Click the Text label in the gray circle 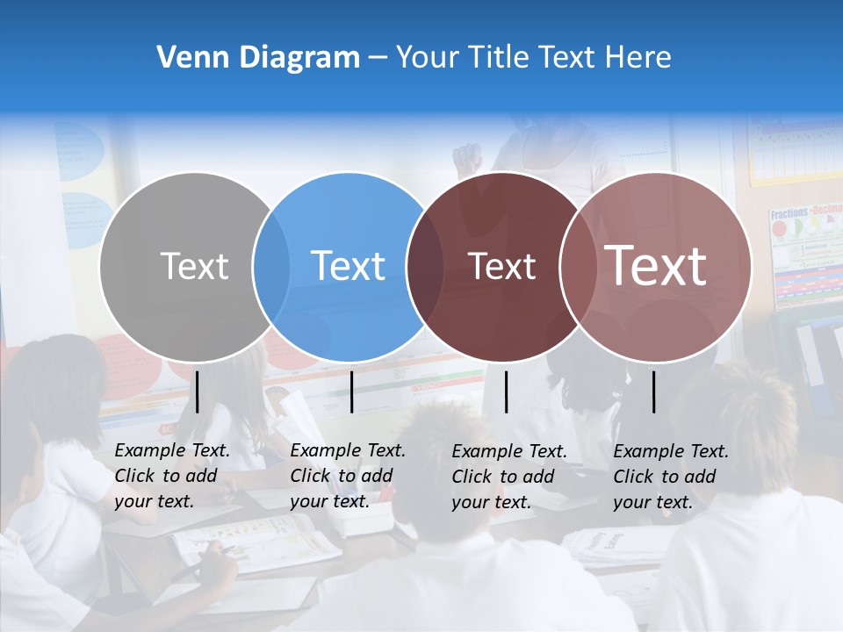click(194, 266)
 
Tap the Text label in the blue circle click(349, 266)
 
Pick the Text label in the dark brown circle click(501, 267)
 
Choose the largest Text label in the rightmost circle click(656, 266)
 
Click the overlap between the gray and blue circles click(271, 267)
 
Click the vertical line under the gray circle click(198, 391)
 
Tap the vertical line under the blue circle click(352, 391)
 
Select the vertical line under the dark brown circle click(507, 391)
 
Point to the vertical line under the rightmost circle click(654, 391)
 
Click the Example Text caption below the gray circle click(171, 476)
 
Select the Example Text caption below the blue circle click(347, 476)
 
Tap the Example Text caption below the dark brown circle click(508, 477)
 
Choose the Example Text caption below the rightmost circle click(670, 477)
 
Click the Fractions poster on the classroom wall click(805, 255)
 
